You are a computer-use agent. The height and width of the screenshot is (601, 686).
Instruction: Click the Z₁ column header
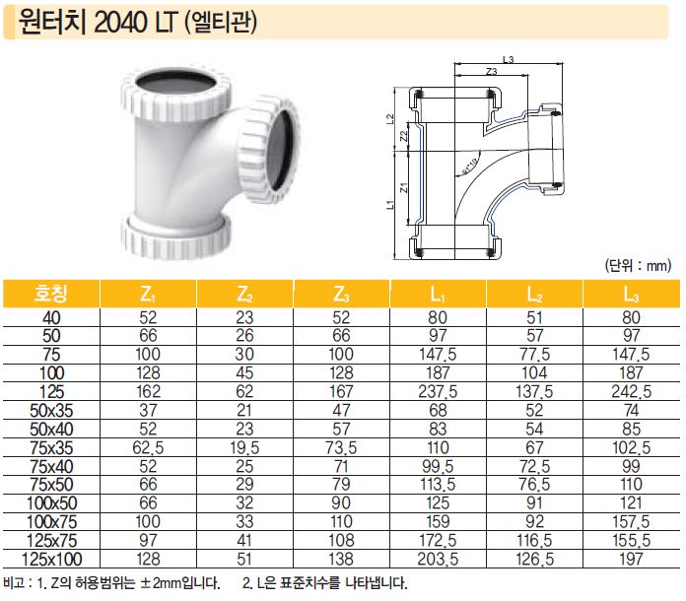[148, 295]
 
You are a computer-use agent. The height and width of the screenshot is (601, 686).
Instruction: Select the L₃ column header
[632, 295]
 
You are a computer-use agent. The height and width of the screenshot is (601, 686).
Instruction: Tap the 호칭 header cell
[51, 294]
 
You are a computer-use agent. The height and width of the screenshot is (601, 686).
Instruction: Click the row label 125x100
[51, 560]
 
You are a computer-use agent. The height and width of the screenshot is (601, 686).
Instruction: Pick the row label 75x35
[51, 448]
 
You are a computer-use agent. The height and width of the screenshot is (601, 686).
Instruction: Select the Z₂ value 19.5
[244, 448]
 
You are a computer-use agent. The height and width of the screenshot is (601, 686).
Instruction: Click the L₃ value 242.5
[632, 391]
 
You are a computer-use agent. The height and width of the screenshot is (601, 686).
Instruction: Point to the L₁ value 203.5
[438, 560]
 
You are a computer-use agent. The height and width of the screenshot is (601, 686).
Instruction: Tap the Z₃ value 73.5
[341, 448]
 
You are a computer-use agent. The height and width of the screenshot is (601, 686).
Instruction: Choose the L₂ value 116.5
[534, 541]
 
